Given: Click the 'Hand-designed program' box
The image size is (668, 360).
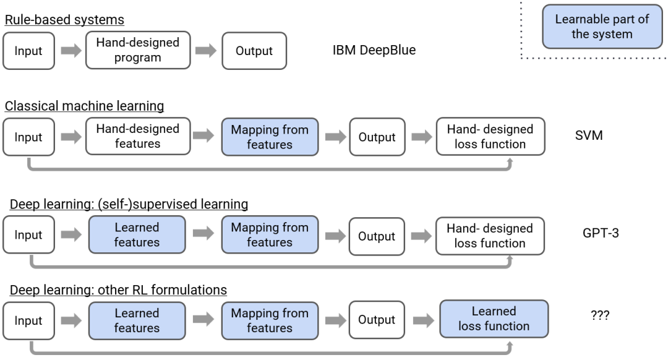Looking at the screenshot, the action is point(138,50).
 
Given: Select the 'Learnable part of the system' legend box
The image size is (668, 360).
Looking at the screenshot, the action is point(602,27).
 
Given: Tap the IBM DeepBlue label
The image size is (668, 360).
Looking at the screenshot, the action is point(374,50).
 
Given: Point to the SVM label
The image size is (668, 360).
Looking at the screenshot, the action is point(589,135).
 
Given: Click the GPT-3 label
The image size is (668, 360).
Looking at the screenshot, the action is point(601,233).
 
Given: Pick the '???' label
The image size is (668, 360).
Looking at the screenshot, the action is point(600,315).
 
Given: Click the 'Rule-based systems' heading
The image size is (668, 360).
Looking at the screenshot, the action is point(64,20).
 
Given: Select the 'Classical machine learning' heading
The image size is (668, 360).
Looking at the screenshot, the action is point(84,106).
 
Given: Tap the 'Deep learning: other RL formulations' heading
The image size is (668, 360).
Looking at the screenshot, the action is point(118,289).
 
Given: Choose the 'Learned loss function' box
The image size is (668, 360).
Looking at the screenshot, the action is point(494,319).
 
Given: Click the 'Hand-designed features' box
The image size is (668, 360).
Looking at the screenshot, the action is point(138,136).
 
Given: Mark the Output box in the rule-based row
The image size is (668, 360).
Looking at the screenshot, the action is point(254,51).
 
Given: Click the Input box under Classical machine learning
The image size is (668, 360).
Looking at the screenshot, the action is point(28,137).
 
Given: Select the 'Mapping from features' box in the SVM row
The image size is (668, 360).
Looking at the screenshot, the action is point(270,137).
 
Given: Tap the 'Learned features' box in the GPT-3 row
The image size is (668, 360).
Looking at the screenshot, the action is point(137,235).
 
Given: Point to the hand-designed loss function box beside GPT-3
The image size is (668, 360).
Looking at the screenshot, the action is point(490,236).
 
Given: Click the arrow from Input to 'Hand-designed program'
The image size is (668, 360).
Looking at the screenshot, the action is point(71,51).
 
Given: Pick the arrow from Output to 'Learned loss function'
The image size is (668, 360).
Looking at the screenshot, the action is point(424,320).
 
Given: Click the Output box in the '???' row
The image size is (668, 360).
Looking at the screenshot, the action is point(377,320).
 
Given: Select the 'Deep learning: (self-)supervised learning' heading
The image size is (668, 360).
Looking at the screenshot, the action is point(129,204).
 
